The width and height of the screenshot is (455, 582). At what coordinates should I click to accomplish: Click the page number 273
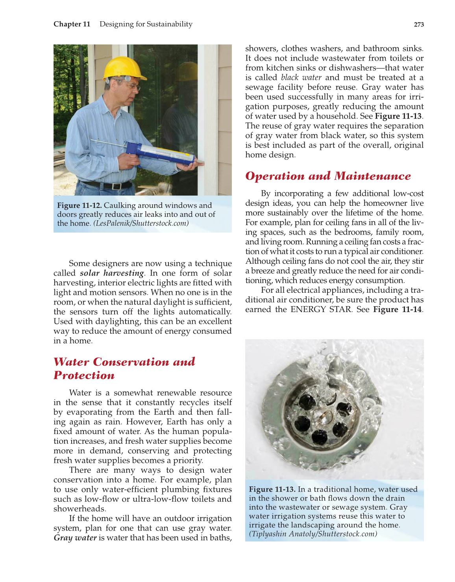419,24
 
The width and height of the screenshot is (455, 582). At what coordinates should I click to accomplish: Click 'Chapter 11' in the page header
72,24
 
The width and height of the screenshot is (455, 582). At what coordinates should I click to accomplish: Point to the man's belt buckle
117,186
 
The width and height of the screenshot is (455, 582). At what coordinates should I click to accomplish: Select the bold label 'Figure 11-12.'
80,205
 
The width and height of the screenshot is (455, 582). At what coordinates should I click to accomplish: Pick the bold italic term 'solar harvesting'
112,273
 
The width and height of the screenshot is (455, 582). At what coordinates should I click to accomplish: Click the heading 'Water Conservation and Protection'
124,368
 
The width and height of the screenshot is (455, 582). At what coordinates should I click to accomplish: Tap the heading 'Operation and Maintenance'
328,176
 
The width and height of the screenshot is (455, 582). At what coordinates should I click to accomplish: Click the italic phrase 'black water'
301,78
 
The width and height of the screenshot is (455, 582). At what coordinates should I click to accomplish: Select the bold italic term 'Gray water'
75,538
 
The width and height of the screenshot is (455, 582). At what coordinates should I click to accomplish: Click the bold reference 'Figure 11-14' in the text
398,309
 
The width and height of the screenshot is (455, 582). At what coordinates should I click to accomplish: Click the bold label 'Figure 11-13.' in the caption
272,490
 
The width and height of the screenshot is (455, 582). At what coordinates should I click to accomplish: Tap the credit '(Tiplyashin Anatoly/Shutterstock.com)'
313,534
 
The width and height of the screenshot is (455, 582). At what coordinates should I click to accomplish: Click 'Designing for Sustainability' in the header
146,24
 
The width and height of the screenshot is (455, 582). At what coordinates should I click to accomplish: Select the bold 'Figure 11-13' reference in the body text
398,116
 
